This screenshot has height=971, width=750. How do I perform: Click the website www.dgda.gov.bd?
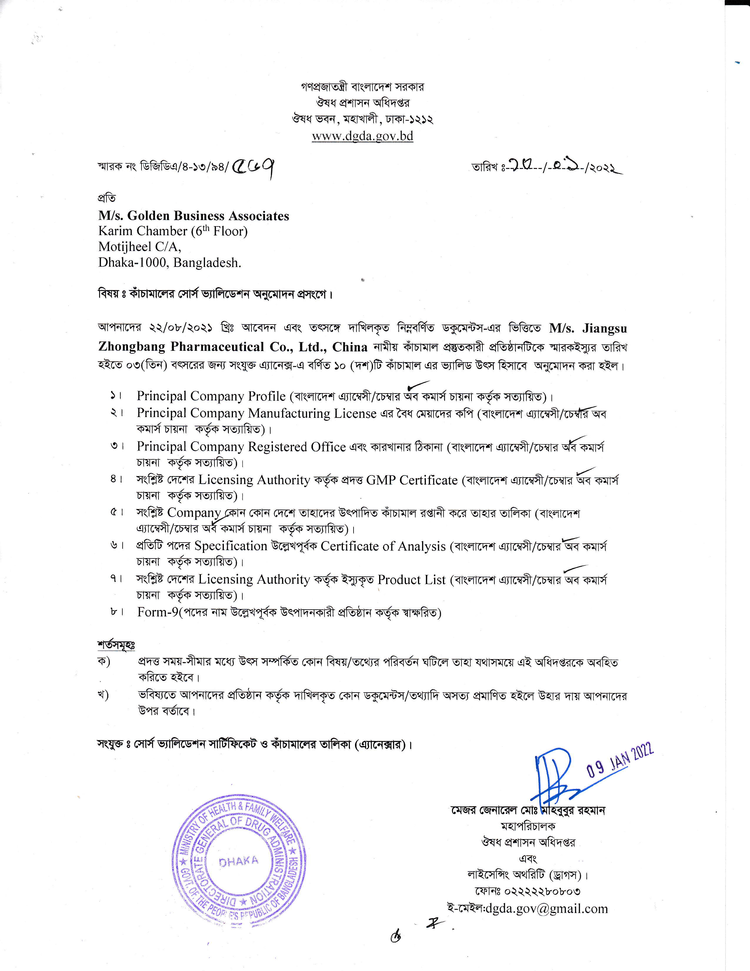pyautogui.click(x=363, y=136)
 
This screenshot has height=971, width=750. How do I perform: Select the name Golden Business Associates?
pyautogui.click(x=208, y=216)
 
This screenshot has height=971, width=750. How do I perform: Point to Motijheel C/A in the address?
pyautogui.click(x=139, y=247)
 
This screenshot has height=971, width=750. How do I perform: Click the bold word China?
pyautogui.click(x=350, y=347)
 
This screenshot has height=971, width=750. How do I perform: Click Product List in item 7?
pyautogui.click(x=411, y=579)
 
